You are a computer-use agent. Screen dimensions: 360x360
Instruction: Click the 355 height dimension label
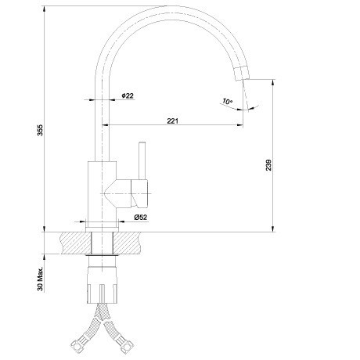pyautogui.click(x=40, y=130)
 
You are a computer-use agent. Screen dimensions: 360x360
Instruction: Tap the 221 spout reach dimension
pyautogui.click(x=172, y=121)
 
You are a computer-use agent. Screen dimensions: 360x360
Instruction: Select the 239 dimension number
pyautogui.click(x=268, y=165)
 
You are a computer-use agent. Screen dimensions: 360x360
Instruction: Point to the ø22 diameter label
pyautogui.click(x=128, y=95)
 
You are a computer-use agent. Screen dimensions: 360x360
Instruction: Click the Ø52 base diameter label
pyautogui.click(x=141, y=217)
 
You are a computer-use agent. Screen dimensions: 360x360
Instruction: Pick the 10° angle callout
pyautogui.click(x=227, y=101)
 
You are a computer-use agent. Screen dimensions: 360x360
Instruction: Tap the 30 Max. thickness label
pyautogui.click(x=40, y=279)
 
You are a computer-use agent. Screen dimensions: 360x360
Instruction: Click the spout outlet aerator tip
pyautogui.click(x=242, y=73)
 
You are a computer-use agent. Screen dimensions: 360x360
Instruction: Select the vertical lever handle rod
pyautogui.click(x=142, y=160)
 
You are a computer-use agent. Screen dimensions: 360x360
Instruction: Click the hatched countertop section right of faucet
pyautogui.click(x=127, y=243)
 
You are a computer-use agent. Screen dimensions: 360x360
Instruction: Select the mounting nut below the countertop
pyautogui.click(x=102, y=285)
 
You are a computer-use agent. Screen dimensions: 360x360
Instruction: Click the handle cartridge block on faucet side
pyautogui.click(x=139, y=193)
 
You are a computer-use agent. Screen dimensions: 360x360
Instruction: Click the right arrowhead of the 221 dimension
pyautogui.click(x=239, y=125)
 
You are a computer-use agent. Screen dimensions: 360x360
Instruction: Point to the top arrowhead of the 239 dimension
pyautogui.click(x=273, y=83)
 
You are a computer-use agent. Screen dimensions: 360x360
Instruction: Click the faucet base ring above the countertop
pyautogui.click(x=102, y=229)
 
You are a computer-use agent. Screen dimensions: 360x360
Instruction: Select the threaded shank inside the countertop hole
pyautogui.click(x=103, y=243)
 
